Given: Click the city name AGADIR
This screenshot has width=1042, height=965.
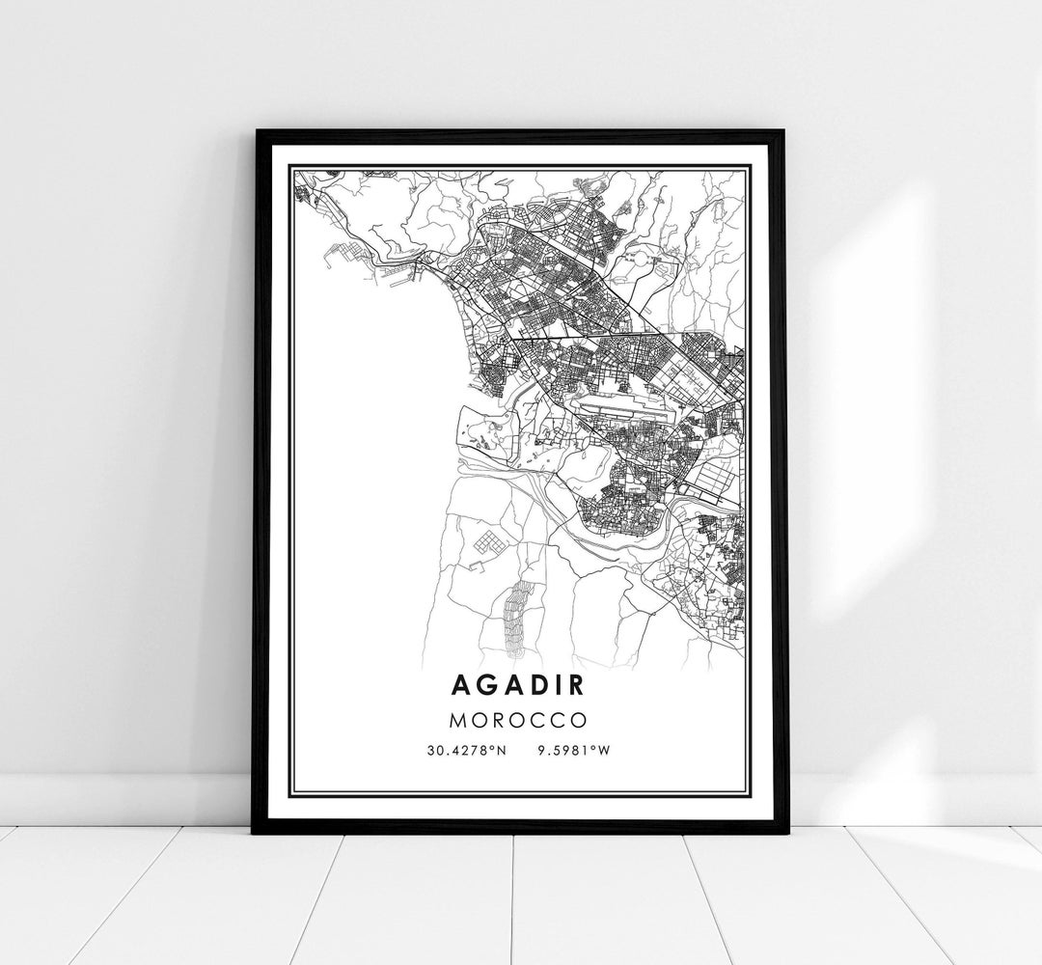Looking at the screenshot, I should [520, 684].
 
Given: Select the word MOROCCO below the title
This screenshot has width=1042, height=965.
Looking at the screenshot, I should [520, 720].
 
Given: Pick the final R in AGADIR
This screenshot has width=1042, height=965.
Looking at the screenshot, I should [581, 684].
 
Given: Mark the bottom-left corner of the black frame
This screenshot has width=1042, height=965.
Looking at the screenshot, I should [256, 831].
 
